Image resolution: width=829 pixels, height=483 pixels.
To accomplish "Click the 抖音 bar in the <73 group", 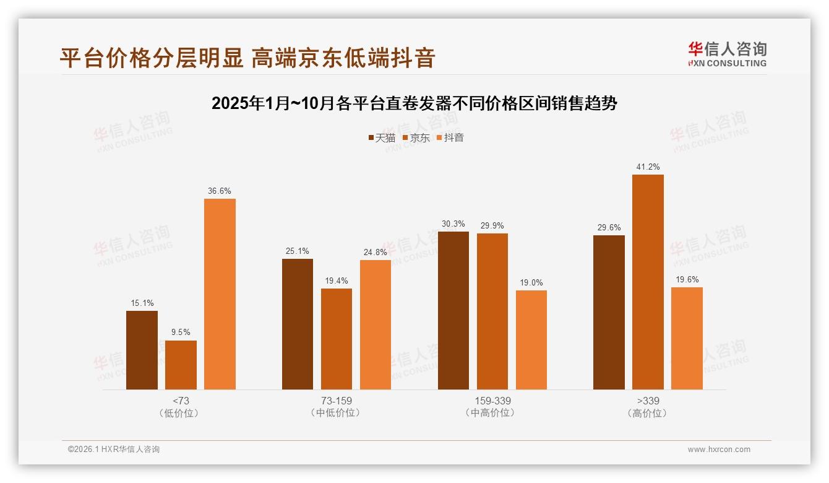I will [x=220, y=294].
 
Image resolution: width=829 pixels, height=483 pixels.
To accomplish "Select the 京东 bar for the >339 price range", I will [x=648, y=282].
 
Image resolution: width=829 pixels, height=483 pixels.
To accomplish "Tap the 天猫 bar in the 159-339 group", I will [x=453, y=310].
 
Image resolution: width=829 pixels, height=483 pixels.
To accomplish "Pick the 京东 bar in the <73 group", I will [x=181, y=365].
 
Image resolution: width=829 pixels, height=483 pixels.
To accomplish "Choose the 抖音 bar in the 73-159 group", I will [x=376, y=324].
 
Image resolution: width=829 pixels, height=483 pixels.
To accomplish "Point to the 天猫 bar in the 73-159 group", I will [x=298, y=324].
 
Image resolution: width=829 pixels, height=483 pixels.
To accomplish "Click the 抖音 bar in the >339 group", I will [x=687, y=338].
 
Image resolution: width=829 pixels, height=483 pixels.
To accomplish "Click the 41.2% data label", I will [x=648, y=167].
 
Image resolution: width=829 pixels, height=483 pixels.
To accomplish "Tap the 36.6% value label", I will [x=220, y=191].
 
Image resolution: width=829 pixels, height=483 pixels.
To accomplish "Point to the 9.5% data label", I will [x=181, y=333].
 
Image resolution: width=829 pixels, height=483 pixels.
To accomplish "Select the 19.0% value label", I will [x=531, y=283].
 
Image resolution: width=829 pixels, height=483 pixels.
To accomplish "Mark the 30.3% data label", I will [x=453, y=224].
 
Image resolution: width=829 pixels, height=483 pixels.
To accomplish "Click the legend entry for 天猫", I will [x=382, y=138].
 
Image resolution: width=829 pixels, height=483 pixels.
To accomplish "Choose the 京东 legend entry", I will [x=416, y=138].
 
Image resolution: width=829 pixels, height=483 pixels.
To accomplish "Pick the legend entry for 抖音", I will [x=450, y=138].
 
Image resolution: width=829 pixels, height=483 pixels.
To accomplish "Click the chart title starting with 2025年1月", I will [x=414, y=103].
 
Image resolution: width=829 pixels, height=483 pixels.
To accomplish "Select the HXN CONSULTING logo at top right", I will [x=727, y=54].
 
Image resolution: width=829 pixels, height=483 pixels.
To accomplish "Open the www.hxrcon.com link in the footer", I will [x=719, y=450].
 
